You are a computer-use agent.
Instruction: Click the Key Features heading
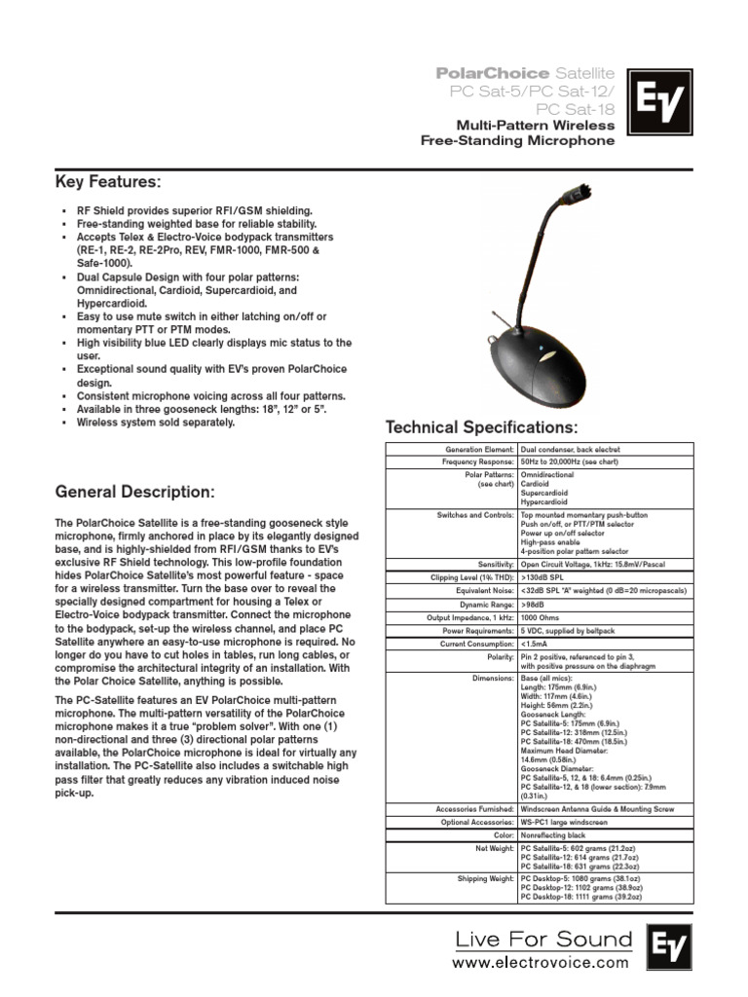[108, 183]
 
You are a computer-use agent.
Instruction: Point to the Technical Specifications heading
[481, 428]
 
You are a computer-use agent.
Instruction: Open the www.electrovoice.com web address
[542, 963]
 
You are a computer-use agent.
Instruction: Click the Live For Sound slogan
[544, 940]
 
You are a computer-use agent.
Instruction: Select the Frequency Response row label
[474, 462]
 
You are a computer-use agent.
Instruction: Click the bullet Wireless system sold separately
[156, 423]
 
